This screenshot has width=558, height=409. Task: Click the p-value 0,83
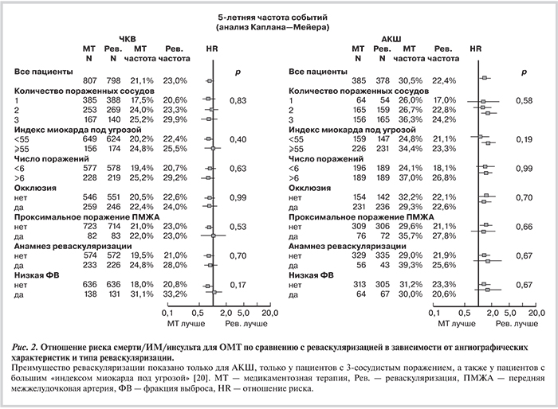tap(237, 101)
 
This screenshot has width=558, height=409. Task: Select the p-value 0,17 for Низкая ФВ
tap(237, 284)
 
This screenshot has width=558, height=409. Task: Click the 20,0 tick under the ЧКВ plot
tap(269, 314)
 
